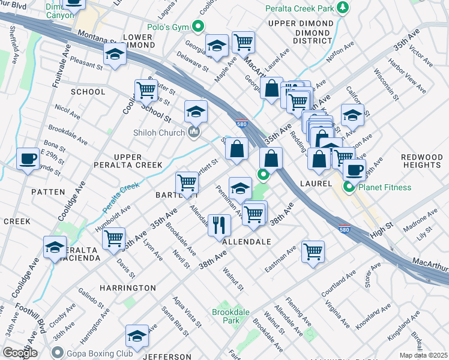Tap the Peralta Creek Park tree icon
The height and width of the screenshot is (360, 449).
tap(343, 8)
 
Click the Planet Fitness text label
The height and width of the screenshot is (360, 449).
tap(387, 187)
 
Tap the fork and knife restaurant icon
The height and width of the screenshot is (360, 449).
tap(219, 225)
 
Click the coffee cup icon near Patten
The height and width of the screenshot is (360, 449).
tap(28, 159)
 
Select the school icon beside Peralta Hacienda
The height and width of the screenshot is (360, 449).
tap(55, 247)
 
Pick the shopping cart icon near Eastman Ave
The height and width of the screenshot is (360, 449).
tap(313, 251)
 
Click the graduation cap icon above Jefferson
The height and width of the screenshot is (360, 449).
tap(137, 336)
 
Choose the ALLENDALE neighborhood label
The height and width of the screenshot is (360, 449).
tap(246, 242)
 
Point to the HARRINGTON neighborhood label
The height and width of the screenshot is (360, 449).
tap(128, 288)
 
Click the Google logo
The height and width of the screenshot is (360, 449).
tap(20, 353)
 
